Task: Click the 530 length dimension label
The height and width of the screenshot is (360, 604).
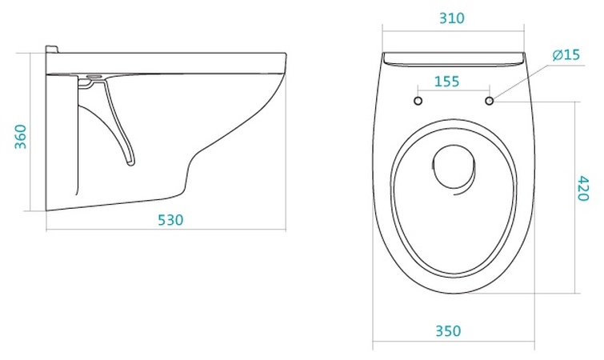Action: click(170, 220)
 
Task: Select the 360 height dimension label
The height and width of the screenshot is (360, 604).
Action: click(20, 137)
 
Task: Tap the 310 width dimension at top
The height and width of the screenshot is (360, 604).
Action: click(452, 18)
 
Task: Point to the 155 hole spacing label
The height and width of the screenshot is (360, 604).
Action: click(447, 82)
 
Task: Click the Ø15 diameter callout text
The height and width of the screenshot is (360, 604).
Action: click(566, 54)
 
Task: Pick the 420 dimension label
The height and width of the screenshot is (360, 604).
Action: click(583, 188)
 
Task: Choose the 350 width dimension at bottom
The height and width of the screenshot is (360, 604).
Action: click(448, 330)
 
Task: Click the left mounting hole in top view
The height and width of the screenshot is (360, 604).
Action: click(418, 101)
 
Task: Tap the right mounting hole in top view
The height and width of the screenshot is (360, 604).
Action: click(490, 101)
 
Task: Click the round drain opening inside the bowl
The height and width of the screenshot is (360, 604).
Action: click(454, 166)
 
